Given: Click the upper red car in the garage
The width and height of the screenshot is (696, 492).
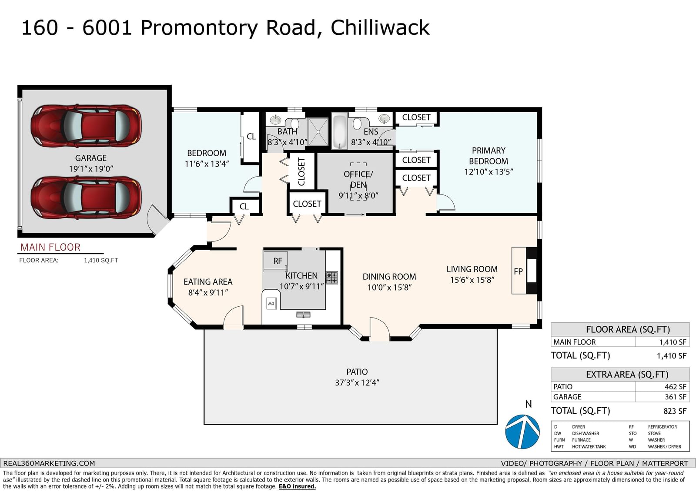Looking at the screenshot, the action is (x=86, y=126).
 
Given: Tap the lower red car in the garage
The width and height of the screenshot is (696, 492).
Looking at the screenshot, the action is (x=86, y=197).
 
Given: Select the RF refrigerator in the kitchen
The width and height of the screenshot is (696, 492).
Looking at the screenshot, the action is (x=275, y=261).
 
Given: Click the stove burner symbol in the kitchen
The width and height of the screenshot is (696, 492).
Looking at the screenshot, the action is (x=331, y=278).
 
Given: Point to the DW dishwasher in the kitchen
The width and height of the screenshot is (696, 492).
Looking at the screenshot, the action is (x=271, y=303).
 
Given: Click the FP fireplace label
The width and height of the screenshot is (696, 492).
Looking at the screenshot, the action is (x=518, y=271).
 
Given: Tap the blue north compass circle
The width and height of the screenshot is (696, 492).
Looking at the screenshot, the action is (x=522, y=432).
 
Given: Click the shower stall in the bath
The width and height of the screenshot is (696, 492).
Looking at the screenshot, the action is (x=318, y=132).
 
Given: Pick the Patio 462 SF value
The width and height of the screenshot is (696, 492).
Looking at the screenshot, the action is (x=675, y=387).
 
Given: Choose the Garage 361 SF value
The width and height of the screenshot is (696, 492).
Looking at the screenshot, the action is (x=675, y=397).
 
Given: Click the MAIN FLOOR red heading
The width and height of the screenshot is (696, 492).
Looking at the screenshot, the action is (x=50, y=247).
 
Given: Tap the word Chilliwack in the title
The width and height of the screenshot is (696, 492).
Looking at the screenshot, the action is (x=380, y=27).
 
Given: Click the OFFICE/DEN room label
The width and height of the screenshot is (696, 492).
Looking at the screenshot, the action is (x=358, y=179).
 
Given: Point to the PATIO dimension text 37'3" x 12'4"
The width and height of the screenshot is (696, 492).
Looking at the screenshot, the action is (x=357, y=383).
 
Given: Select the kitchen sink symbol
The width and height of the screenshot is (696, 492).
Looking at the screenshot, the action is (x=303, y=315).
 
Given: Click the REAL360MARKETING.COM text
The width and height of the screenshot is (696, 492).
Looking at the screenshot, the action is (x=49, y=463).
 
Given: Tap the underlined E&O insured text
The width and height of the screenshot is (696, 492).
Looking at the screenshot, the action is (x=297, y=486).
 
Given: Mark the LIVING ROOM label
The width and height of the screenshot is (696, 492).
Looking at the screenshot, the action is (x=472, y=269).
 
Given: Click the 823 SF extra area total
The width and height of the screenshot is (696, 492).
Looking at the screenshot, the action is (x=675, y=411).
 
